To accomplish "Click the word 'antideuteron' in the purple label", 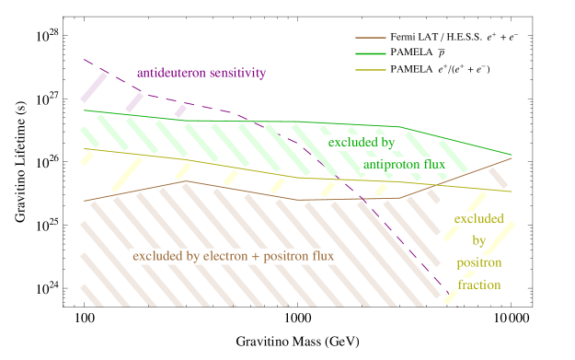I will pos(170,73).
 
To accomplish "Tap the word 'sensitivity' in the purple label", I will pos(236,73).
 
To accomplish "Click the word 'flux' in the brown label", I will pos(321,255).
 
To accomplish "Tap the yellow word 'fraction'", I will pos(479,285).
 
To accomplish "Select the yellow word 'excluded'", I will pos(479,218).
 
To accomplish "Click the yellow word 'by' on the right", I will pos(479,240).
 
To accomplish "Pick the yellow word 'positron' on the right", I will pos(479,262).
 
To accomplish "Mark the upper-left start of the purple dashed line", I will pos(85,61).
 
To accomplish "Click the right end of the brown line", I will pos(512,157).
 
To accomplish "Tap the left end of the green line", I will pos(85,110).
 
